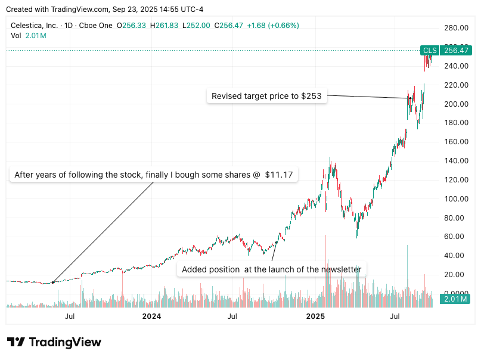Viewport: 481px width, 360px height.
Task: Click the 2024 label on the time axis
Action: (152, 316)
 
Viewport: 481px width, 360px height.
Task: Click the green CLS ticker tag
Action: (430, 51)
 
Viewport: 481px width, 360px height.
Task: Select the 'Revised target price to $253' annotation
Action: (268, 96)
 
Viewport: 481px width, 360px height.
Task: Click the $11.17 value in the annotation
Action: (280, 175)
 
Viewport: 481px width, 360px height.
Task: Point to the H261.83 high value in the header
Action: (166, 26)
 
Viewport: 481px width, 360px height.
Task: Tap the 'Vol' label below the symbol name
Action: (16, 36)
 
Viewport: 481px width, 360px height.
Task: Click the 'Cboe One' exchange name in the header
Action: (96, 26)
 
